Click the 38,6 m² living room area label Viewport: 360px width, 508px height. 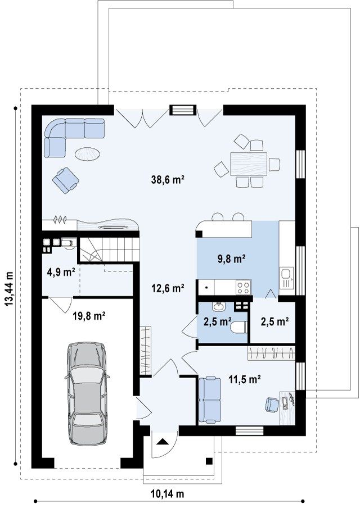point(168,179)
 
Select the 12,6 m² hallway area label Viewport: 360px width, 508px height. point(168,288)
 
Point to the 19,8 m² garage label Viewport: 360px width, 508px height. point(88,316)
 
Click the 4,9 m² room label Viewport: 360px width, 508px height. point(61,272)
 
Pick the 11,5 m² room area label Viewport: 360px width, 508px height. point(245,379)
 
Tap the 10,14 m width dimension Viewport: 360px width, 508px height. point(168,494)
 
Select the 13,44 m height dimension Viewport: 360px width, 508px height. point(9,289)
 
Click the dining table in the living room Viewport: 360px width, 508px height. point(249,164)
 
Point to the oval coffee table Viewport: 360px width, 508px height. point(87,153)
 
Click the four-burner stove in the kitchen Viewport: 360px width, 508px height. point(243,287)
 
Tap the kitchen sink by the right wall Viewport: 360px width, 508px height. point(287,278)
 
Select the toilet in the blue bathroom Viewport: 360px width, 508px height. point(239,327)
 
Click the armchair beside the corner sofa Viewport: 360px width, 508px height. point(66,180)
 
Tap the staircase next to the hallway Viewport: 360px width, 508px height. point(109,250)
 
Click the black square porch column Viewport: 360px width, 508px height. point(209,461)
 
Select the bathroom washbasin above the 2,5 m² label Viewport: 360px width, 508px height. point(218,306)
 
